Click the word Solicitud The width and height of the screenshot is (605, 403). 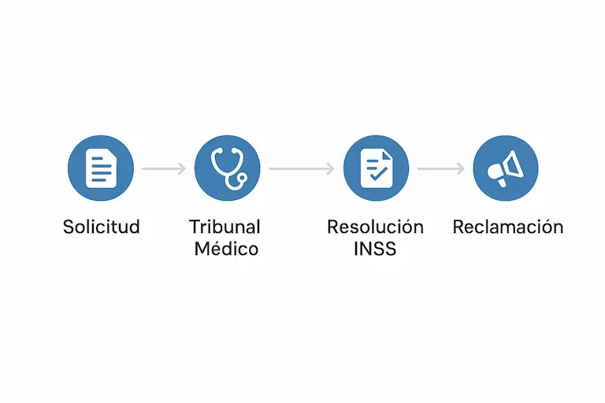(101, 227)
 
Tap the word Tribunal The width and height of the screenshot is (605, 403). (225, 227)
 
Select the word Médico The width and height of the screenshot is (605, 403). (226, 249)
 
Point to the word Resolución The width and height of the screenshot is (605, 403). (376, 227)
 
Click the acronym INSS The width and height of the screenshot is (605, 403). (375, 249)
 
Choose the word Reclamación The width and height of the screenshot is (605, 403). (508, 227)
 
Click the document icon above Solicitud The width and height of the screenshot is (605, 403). (101, 168)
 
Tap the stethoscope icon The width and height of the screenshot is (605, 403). (228, 169)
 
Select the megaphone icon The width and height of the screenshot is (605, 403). (506, 168)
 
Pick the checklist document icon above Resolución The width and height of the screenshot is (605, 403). (377, 168)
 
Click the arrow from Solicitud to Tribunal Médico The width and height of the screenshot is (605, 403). (164, 168)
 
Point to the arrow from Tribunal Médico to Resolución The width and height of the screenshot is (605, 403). (302, 168)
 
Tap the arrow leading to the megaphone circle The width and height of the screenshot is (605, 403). (441, 168)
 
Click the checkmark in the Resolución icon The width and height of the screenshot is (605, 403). (378, 174)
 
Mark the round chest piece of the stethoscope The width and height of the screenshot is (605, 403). (242, 178)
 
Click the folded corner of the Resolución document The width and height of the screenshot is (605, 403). (387, 154)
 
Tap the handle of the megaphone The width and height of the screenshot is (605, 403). (501, 183)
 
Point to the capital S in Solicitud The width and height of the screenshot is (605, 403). (69, 227)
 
